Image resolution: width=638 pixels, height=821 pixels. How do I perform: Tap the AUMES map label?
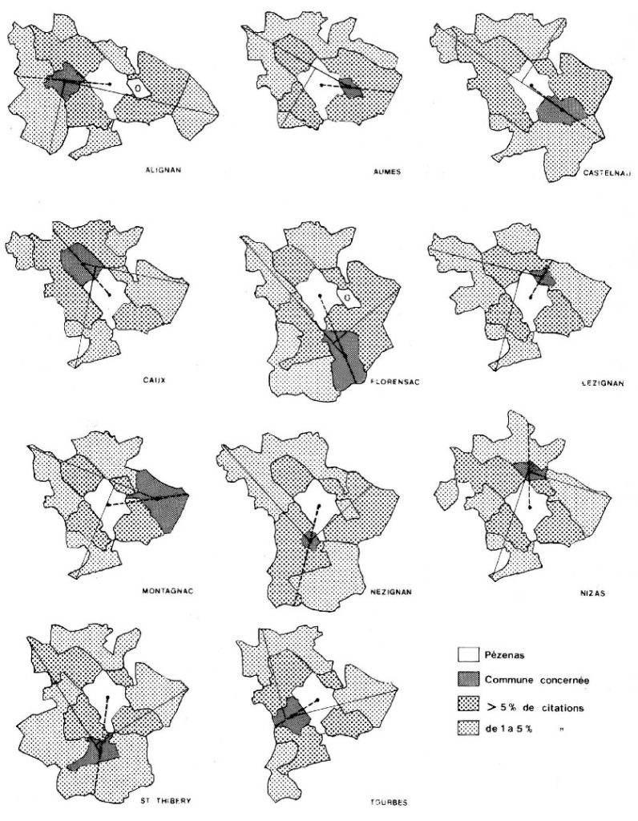[364, 172]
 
